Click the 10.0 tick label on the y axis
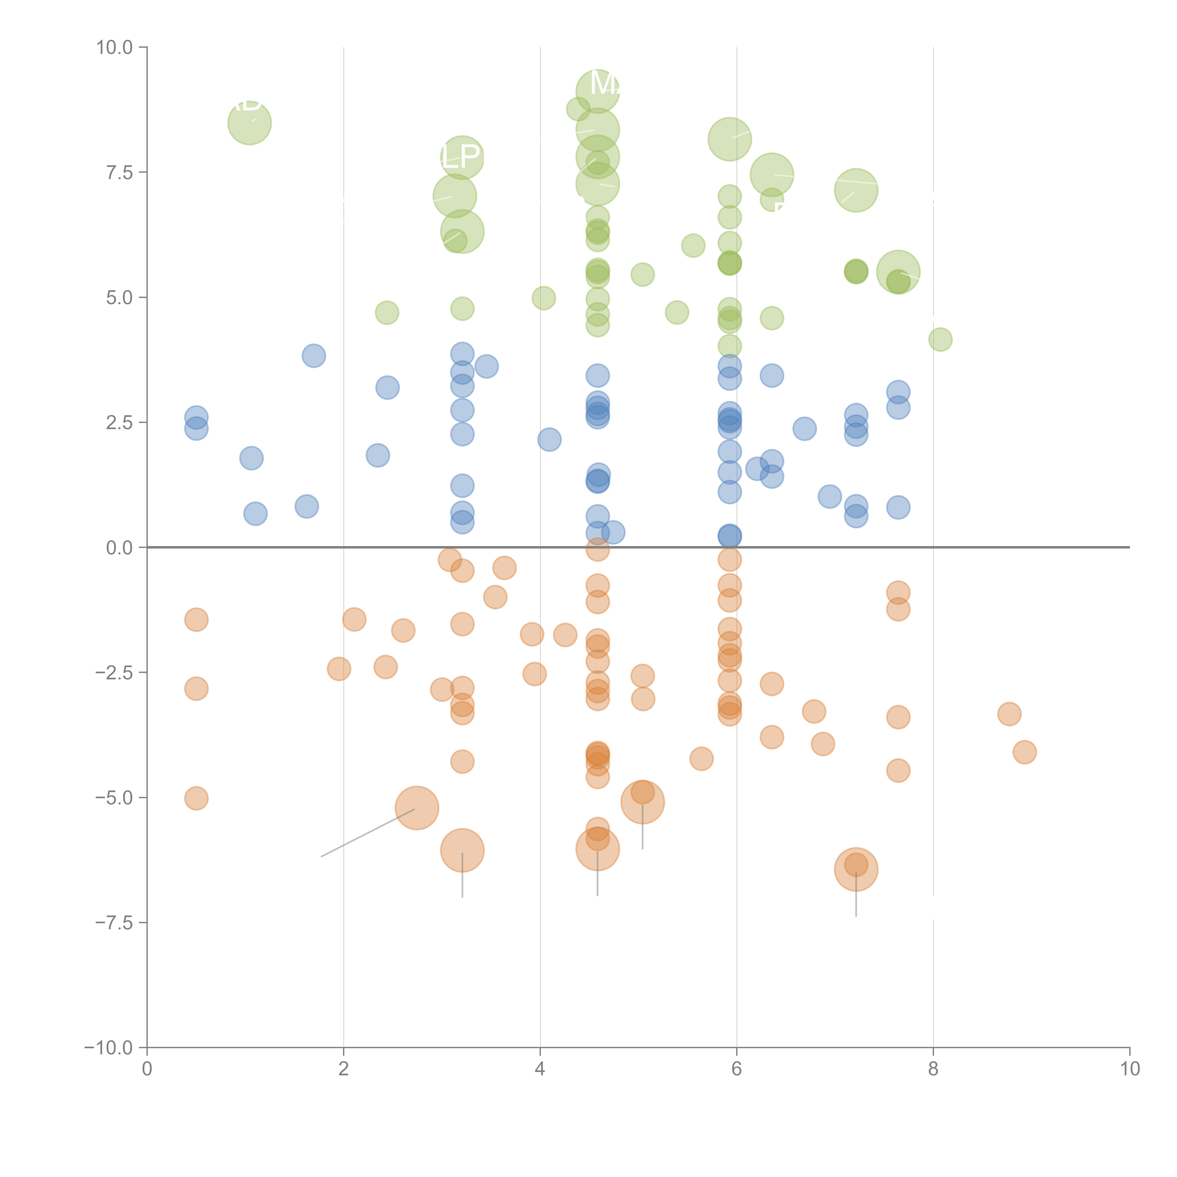[x=115, y=48]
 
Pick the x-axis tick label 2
[x=344, y=1069]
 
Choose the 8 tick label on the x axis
[x=933, y=1069]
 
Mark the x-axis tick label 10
[x=1129, y=1069]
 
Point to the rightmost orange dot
[x=1025, y=752]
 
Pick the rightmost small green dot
[x=940, y=339]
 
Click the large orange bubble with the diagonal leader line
[x=417, y=808]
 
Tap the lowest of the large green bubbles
[x=898, y=272]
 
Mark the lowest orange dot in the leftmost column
[x=196, y=798]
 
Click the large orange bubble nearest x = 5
[x=643, y=802]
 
